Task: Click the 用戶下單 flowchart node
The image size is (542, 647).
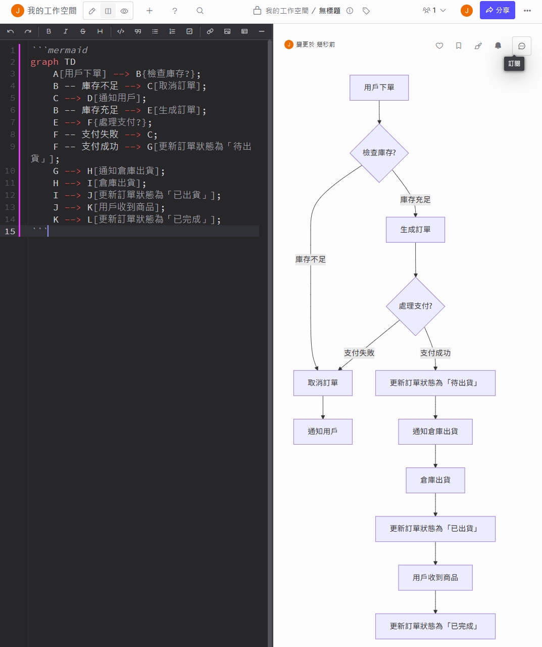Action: [379, 88]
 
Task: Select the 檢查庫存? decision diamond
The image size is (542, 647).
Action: [379, 153]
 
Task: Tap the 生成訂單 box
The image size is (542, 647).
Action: [415, 230]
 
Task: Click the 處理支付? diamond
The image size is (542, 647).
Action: [415, 306]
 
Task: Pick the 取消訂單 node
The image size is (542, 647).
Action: [323, 383]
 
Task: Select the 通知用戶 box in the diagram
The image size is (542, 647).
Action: [323, 432]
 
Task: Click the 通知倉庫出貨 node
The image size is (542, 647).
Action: [435, 432]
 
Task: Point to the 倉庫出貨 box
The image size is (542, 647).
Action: [435, 480]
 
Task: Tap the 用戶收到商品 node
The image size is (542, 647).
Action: [435, 578]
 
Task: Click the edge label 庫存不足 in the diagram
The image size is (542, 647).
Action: [311, 260]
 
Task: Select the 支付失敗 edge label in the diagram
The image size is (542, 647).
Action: [359, 353]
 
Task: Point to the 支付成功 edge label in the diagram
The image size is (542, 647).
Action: [435, 353]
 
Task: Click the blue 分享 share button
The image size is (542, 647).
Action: [497, 10]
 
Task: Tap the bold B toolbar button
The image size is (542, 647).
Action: [48, 31]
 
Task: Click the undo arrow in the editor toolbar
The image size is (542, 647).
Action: [11, 31]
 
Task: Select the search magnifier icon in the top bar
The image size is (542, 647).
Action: [200, 11]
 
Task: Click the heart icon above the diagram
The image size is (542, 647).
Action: [439, 46]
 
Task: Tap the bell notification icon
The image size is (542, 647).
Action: [498, 46]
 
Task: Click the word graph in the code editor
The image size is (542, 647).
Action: [44, 62]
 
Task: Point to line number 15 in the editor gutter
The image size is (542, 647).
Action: [10, 231]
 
